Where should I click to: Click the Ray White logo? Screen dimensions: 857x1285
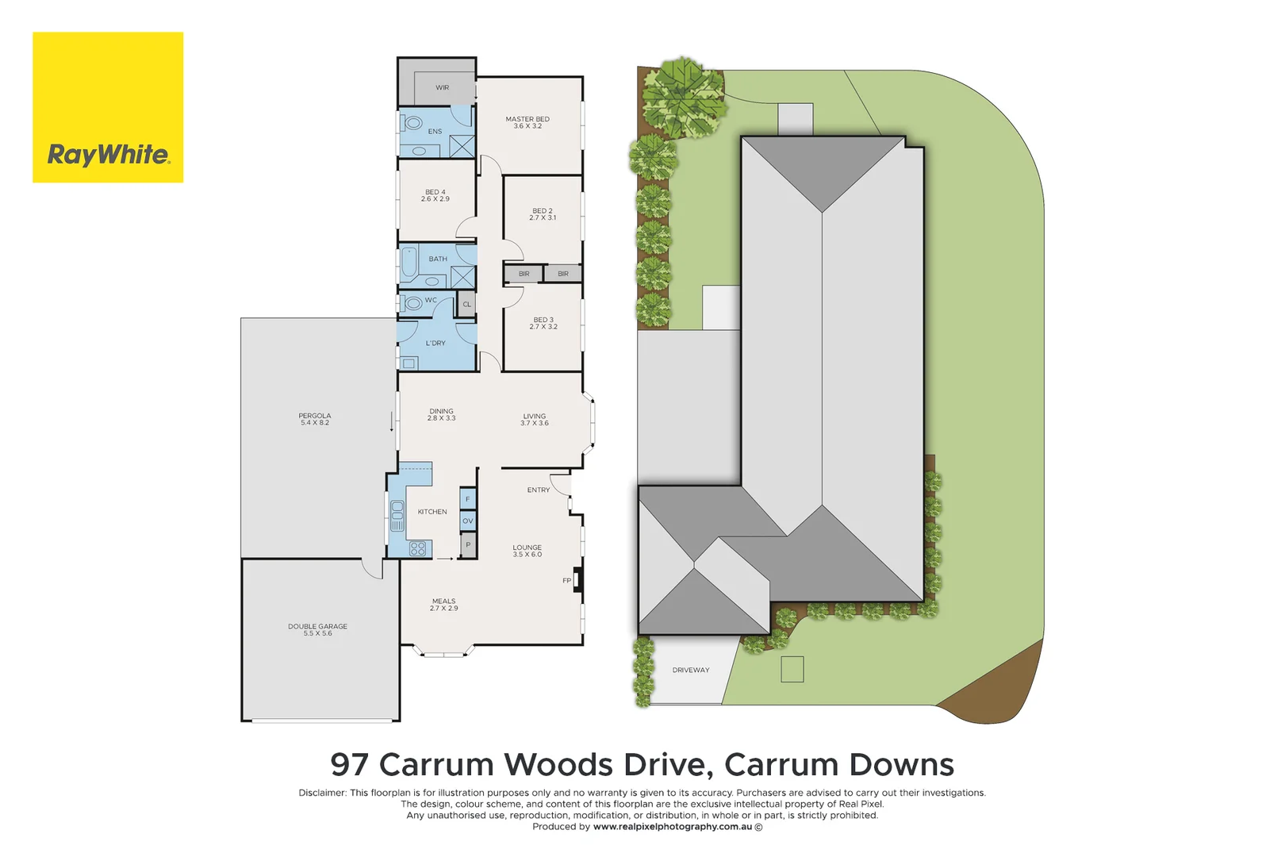click(x=108, y=107)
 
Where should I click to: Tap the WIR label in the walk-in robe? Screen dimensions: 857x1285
click(x=442, y=87)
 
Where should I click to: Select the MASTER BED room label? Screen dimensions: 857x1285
click(x=527, y=122)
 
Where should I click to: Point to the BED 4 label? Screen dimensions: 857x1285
click(x=435, y=195)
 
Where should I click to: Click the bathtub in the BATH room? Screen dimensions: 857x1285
click(x=409, y=262)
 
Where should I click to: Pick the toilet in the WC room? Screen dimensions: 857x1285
click(x=412, y=303)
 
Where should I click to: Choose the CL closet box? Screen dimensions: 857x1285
click(x=467, y=304)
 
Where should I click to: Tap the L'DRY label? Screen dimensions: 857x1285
click(x=435, y=344)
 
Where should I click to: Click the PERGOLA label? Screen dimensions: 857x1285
click(x=315, y=419)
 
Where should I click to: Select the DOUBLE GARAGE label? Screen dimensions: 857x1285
click(x=317, y=629)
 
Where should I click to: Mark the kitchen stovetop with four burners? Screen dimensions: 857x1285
click(x=418, y=548)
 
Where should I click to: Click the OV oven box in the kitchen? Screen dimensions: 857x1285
click(x=468, y=521)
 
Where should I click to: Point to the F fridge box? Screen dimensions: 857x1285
click(x=468, y=499)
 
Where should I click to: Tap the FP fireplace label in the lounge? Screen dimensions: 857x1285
click(x=567, y=581)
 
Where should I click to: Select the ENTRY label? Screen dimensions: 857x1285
click(x=539, y=490)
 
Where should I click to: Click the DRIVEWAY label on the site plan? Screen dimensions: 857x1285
click(x=691, y=671)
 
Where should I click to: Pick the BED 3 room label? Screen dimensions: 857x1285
click(x=543, y=323)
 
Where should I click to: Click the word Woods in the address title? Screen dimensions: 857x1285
click(x=558, y=765)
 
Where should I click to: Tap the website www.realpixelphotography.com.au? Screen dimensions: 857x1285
click(x=673, y=827)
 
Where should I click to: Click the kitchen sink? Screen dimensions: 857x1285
click(x=397, y=515)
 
